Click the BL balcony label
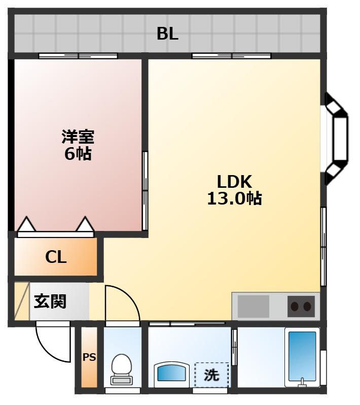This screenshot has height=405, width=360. pyautogui.click(x=167, y=33)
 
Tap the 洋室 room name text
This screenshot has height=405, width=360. pyautogui.click(x=78, y=137)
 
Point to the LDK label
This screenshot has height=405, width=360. pyautogui.click(x=234, y=182)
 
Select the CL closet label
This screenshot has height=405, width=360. pyautogui.click(x=56, y=257)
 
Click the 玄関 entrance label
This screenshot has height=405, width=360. pyautogui.click(x=50, y=301)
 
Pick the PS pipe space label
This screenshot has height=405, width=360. pyautogui.click(x=89, y=357)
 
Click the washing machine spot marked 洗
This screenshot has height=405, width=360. pyautogui.click(x=211, y=375)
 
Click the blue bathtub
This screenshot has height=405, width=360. pyautogui.click(x=302, y=356)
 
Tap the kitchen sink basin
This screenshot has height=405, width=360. pyautogui.click(x=253, y=307)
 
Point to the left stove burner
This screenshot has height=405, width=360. pyautogui.click(x=295, y=307)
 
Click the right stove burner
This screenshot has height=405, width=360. pyautogui.click(x=307, y=307)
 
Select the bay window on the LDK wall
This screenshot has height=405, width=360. pyautogui.click(x=336, y=139)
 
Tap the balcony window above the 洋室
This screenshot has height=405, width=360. pyautogui.click(x=78, y=56)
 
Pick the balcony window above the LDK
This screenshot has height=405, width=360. pyautogui.click(x=232, y=56)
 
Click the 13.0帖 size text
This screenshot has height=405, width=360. pyautogui.click(x=234, y=198)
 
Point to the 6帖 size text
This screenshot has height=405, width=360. pyautogui.click(x=78, y=154)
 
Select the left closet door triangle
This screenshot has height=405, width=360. pyautogui.click(x=26, y=224)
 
